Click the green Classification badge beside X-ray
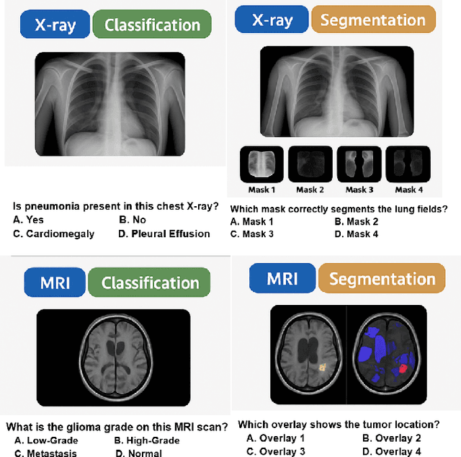(152, 25)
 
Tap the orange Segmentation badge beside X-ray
(373, 19)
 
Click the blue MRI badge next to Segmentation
(282, 278)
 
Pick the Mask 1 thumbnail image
(262, 165)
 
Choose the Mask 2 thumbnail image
(310, 165)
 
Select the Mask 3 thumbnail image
(359, 165)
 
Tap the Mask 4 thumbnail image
(407, 165)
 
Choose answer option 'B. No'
(133, 220)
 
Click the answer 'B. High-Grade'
(147, 440)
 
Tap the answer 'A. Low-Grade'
(46, 440)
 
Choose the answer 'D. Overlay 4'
(392, 451)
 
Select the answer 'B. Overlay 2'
(392, 438)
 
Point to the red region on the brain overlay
(403, 368)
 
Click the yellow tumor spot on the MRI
(323, 367)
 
